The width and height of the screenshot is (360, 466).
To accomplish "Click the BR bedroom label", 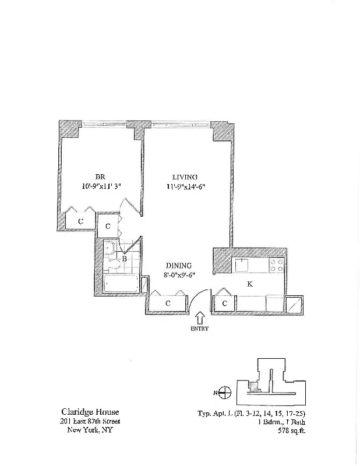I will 100,177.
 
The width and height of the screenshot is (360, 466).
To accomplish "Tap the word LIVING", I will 185,177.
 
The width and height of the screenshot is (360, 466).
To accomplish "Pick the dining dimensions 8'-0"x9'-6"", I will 178,276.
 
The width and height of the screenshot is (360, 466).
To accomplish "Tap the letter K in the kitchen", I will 250,284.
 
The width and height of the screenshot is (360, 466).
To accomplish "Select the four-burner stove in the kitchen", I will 276,265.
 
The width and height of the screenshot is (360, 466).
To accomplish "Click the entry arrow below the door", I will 199,318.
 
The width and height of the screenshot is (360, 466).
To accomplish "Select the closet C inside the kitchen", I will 225,303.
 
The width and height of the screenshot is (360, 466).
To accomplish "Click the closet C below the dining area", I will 168,303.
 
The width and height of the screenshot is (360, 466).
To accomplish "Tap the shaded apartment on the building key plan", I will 253,386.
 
